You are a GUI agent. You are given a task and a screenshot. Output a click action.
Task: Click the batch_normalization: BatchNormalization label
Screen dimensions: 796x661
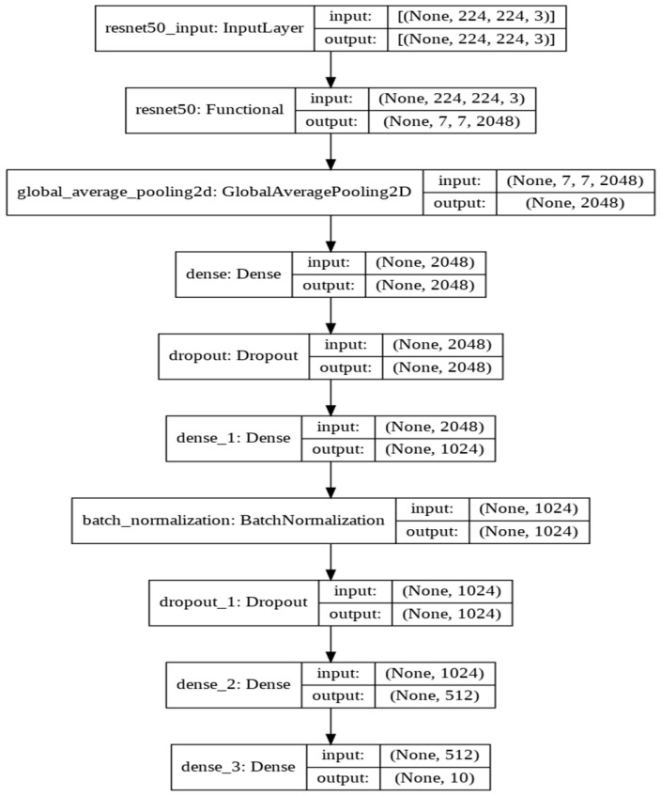tap(233, 519)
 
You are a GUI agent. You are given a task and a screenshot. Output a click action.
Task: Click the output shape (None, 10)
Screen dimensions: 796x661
tap(432, 778)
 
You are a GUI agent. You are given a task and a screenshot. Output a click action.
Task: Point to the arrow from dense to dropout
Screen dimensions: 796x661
tap(330, 316)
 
